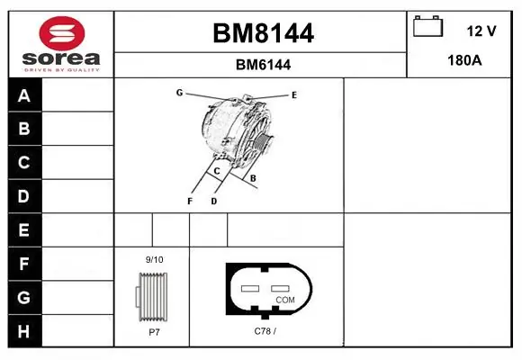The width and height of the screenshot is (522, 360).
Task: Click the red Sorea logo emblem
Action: click(x=62, y=33)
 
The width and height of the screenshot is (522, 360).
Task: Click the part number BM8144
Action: click(x=263, y=33)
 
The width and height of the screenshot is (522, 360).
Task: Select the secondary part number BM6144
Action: click(x=263, y=65)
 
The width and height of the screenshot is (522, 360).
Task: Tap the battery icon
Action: click(x=427, y=26)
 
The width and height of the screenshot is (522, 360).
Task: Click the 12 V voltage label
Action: click(x=481, y=31)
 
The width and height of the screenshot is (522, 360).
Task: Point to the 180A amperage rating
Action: click(x=464, y=60)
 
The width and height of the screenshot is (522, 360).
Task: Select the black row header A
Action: click(x=25, y=95)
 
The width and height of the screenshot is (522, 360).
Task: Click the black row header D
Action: click(x=25, y=196)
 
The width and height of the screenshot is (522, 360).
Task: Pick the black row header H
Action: click(x=25, y=331)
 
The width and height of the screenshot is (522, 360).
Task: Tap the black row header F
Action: click(x=25, y=264)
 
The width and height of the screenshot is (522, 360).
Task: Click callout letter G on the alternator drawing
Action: click(x=179, y=92)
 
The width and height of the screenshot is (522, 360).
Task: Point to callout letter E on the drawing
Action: click(x=294, y=95)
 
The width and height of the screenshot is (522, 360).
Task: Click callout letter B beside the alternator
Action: click(x=253, y=178)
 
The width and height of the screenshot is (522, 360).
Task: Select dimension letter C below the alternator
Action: click(x=217, y=171)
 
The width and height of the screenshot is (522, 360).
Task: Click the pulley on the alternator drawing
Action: click(x=264, y=142)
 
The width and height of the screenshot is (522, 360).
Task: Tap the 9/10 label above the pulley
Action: click(x=154, y=260)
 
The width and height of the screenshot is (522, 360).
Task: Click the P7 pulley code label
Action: click(x=154, y=332)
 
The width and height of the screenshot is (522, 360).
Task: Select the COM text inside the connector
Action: click(x=285, y=300)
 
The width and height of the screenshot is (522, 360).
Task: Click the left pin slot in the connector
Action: click(x=250, y=288)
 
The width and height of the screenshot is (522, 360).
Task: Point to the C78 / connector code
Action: click(x=265, y=331)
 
